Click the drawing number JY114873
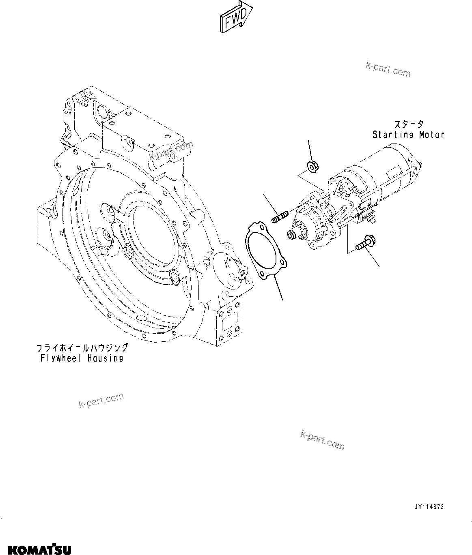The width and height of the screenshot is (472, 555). (429, 507)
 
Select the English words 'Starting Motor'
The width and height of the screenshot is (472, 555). (408, 135)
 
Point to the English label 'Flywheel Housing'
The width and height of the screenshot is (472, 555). (82, 358)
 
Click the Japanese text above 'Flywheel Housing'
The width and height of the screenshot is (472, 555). (82, 348)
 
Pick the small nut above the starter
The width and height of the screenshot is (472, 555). (312, 166)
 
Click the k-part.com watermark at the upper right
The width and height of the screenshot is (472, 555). (388, 70)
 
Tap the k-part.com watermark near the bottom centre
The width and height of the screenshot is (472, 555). (323, 440)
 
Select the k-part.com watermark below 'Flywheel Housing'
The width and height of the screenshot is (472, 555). (101, 401)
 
